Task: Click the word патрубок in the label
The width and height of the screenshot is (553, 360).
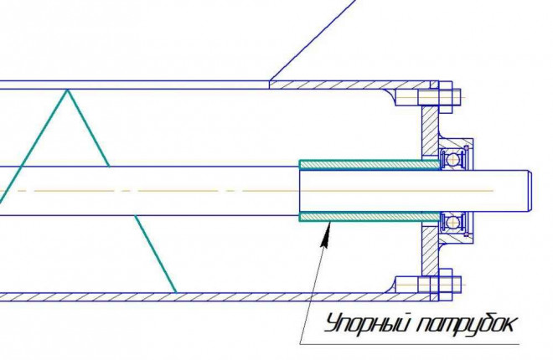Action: point(466,324)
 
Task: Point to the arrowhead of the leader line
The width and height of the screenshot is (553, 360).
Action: point(327,235)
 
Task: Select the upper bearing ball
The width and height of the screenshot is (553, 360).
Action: point(452,159)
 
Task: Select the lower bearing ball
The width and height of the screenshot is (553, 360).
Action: point(452,223)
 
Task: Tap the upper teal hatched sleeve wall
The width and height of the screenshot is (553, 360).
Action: point(370,164)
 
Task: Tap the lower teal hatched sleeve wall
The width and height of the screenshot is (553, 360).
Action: point(370,217)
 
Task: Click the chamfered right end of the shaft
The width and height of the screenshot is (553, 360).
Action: point(529,191)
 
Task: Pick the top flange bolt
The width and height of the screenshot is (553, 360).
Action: point(439,97)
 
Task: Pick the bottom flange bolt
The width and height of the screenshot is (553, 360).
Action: point(439,285)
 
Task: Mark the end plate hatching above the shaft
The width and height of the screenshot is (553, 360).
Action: point(431,132)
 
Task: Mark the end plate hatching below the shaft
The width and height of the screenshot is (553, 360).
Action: point(431,249)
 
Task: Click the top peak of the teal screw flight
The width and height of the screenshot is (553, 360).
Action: point(67,90)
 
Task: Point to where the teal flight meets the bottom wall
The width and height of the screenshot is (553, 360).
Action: point(176,292)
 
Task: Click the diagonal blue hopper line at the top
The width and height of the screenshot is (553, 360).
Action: point(313,40)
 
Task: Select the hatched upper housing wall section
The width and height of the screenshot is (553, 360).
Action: point(350,85)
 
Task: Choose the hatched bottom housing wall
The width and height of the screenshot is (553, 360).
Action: point(214,297)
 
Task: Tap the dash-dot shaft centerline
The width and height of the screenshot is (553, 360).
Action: point(247,191)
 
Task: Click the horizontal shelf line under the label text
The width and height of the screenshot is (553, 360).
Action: point(410,344)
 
